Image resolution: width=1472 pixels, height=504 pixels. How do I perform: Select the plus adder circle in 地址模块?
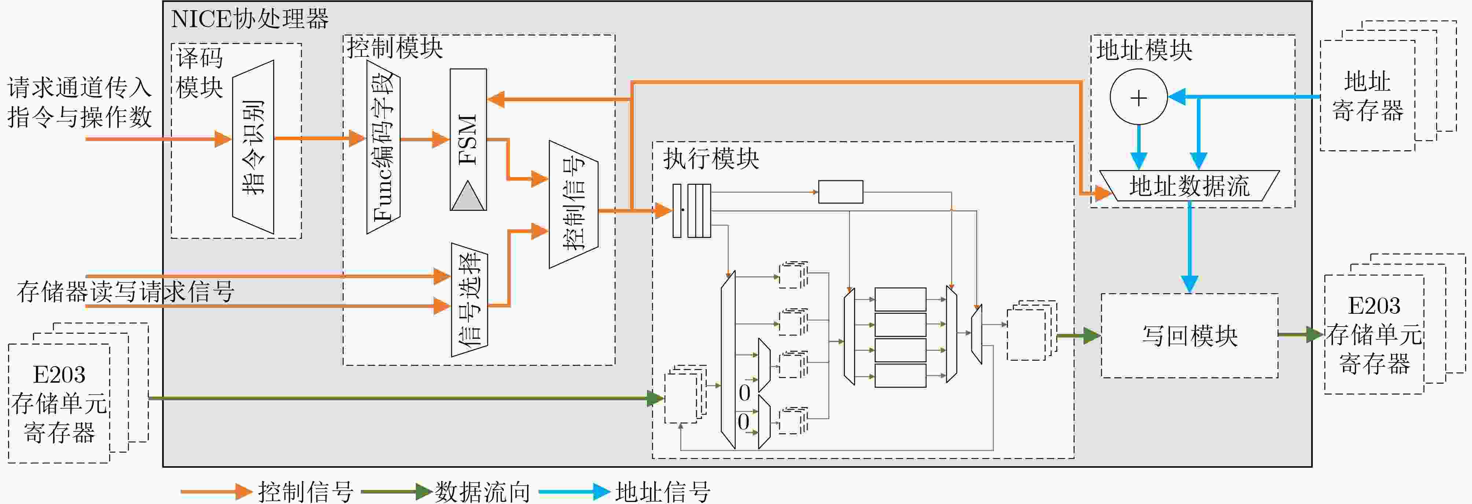pos(1138,97)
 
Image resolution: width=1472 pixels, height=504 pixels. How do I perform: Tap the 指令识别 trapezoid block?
pos(253,147)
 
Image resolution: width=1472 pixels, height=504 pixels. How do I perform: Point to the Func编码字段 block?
pos(383,147)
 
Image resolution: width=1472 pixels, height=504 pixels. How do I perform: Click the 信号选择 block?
pos(469,299)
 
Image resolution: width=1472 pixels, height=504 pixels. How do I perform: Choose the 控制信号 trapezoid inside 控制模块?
pos(574,204)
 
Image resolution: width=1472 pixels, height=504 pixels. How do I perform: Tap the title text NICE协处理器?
pos(250,19)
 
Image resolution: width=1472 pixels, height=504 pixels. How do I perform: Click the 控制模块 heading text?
pos(395,48)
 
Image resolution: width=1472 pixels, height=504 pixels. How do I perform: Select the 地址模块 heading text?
pos(1144,50)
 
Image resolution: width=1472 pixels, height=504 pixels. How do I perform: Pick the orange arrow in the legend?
pos(216,492)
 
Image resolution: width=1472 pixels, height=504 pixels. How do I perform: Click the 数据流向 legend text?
pos(483,492)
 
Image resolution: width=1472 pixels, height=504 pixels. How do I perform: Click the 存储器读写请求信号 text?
pos(126,291)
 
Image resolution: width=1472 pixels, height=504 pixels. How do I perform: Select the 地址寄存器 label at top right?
pos(1368,96)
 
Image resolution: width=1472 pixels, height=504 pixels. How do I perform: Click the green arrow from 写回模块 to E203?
pos(1300,334)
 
